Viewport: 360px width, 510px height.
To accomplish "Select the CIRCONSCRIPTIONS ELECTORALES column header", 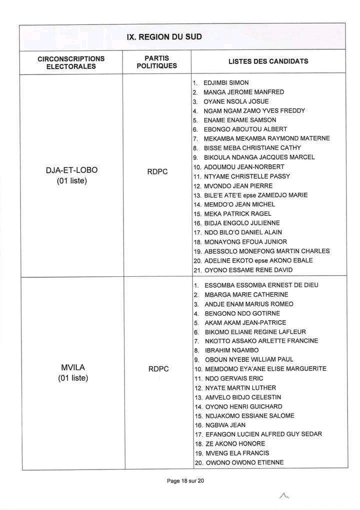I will click(70, 62).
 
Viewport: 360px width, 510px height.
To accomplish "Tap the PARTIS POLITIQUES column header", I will click(156, 62).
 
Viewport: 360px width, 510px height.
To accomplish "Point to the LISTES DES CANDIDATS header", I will click(268, 62).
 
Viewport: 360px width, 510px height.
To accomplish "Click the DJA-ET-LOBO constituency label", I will click(71, 170).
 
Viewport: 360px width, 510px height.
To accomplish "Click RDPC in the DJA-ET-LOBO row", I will click(158, 172).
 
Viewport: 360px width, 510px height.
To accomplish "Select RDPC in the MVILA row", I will click(158, 369).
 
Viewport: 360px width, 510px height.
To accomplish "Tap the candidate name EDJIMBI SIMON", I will click(226, 83).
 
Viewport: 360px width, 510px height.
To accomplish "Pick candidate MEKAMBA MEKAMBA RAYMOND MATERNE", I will click(266, 138).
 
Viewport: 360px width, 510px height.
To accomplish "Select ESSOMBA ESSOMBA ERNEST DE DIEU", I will click(261, 285).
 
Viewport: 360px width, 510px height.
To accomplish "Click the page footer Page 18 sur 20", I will click(186, 481).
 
